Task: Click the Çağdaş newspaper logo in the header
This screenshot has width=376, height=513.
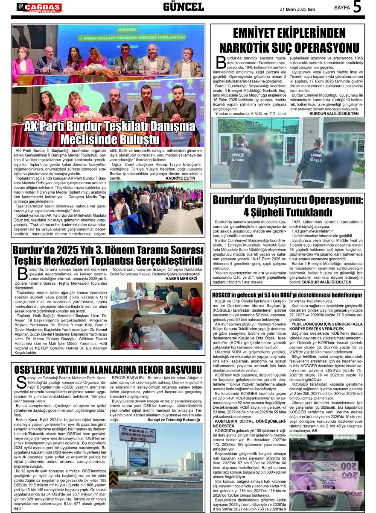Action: point(39,7)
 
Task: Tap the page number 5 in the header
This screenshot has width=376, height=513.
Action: point(357,7)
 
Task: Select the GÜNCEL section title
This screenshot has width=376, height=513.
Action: point(183,7)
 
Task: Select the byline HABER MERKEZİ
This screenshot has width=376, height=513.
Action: point(181,279)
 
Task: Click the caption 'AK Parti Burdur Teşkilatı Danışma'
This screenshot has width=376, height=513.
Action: point(109,127)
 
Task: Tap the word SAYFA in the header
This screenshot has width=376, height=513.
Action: point(341,8)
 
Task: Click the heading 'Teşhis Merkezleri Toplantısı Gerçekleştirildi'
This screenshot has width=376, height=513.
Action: point(108,260)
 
